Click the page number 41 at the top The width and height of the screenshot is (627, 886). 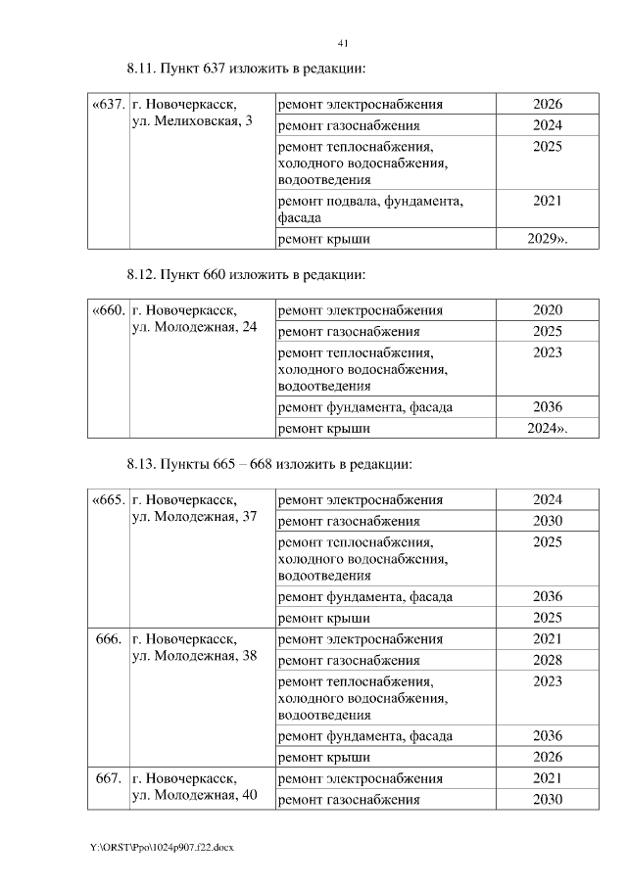(343, 43)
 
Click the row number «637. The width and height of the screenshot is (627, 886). (108, 104)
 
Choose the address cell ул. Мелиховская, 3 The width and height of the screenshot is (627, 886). (191, 121)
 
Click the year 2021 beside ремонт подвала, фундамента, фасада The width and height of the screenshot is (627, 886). (547, 201)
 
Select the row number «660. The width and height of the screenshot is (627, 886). (108, 310)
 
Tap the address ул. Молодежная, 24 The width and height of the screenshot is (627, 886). (194, 327)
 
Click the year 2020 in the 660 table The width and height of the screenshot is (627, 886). (547, 310)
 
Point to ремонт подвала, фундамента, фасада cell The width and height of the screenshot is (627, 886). (370, 209)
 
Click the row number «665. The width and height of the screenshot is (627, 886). (108, 499)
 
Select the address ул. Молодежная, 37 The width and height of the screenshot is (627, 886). (194, 516)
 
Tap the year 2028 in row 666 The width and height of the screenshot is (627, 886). (547, 660)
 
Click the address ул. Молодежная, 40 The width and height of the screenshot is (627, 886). (194, 795)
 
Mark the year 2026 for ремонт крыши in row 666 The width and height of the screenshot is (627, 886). (547, 757)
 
